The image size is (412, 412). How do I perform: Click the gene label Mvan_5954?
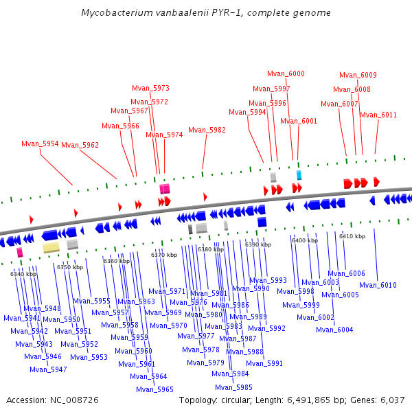point(40,144)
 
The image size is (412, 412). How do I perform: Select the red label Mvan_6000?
point(286,73)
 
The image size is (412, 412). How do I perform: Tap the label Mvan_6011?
point(378,115)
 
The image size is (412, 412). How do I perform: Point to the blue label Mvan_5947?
point(48,369)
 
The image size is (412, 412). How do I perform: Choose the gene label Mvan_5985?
point(234,387)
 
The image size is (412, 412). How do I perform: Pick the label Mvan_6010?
point(378,285)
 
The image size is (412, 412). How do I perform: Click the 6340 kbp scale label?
point(23,274)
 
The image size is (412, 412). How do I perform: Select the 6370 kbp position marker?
point(164,255)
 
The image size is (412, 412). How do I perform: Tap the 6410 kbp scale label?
point(352,236)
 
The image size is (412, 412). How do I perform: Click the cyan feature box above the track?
point(299,175)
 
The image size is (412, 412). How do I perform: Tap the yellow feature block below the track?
point(51,247)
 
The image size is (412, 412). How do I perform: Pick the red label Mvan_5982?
point(207,130)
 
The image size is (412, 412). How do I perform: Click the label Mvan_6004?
point(334,330)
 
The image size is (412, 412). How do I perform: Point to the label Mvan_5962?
point(80,145)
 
